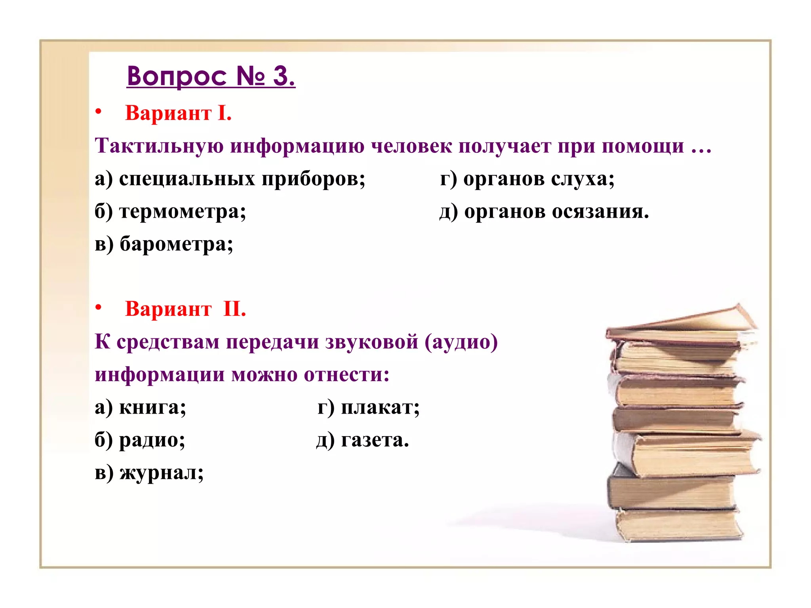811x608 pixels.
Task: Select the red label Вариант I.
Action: coord(178,113)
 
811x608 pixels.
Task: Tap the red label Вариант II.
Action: coord(185,309)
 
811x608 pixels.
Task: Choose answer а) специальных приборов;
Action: coord(230,179)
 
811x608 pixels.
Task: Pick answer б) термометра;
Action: coord(170,211)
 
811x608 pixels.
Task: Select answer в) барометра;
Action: coord(164,244)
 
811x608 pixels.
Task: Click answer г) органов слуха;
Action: coord(527,179)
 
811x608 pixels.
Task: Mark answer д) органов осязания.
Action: coord(544,211)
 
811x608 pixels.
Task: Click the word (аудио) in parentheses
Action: coord(461,342)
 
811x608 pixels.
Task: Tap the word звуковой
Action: coord(371,342)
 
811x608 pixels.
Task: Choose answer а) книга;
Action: coord(140,407)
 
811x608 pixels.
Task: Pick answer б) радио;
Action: coord(140,440)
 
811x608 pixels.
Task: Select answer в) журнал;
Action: coord(149,472)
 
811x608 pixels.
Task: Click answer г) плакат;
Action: coord(368,407)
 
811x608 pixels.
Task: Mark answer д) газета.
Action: coord(362,440)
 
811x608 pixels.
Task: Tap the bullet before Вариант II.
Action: coord(99,307)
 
